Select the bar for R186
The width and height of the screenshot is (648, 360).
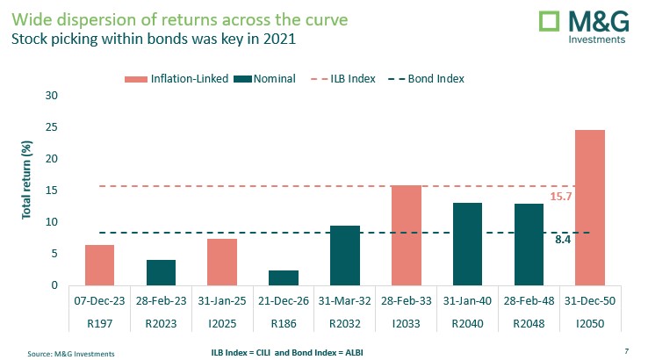coord(284,277)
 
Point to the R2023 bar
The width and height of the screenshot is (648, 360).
coord(161,272)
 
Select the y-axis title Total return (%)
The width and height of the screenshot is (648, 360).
coord(25,191)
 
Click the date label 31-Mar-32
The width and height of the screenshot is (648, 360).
coord(344,299)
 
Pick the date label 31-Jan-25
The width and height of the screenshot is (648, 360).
coord(222,299)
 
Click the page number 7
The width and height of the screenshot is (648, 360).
coord(626,350)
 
